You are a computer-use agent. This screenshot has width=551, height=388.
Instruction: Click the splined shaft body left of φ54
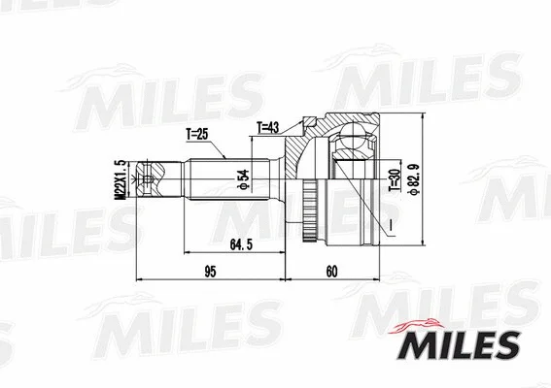[x=219, y=181]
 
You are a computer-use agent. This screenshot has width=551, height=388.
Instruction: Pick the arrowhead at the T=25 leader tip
[x=226, y=156]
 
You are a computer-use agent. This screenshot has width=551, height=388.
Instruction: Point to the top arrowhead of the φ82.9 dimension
[x=423, y=115]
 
